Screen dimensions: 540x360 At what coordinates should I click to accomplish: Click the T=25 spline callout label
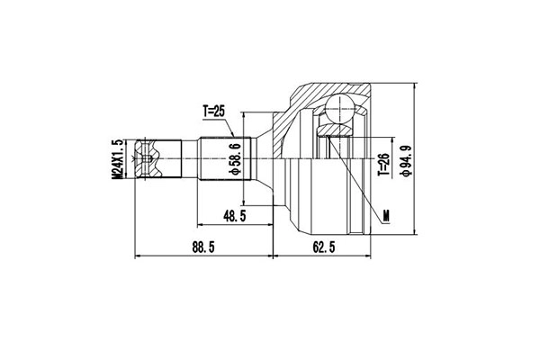(213, 112)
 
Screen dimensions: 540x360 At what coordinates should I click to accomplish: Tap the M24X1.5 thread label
(117, 158)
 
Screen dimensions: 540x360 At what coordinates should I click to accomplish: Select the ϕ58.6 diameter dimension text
(236, 158)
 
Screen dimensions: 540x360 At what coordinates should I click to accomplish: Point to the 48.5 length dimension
(235, 216)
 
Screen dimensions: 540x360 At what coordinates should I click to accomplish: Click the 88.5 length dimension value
(203, 247)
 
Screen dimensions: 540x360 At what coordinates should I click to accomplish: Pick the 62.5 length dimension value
(324, 247)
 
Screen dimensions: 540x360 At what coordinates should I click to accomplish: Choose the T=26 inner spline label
(383, 164)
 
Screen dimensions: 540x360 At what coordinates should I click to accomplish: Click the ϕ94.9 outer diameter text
(405, 160)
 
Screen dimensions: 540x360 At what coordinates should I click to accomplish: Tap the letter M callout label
(386, 216)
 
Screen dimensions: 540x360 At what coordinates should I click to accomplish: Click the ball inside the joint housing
(340, 109)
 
